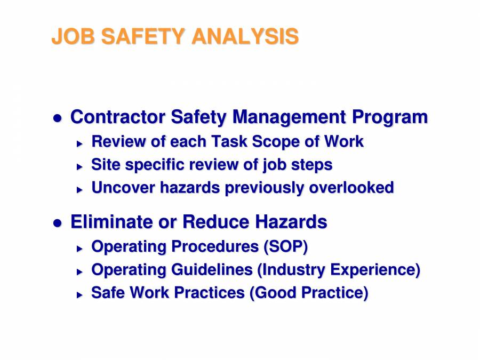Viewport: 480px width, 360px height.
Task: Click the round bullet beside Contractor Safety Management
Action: click(x=58, y=118)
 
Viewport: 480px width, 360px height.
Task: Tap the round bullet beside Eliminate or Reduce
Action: click(x=58, y=222)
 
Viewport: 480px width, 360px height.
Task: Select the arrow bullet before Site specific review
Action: click(x=79, y=166)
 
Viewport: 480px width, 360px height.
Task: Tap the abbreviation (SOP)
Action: click(x=285, y=247)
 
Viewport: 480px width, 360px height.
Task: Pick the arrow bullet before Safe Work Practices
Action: click(x=79, y=294)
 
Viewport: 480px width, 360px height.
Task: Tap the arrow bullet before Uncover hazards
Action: click(x=79, y=189)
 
